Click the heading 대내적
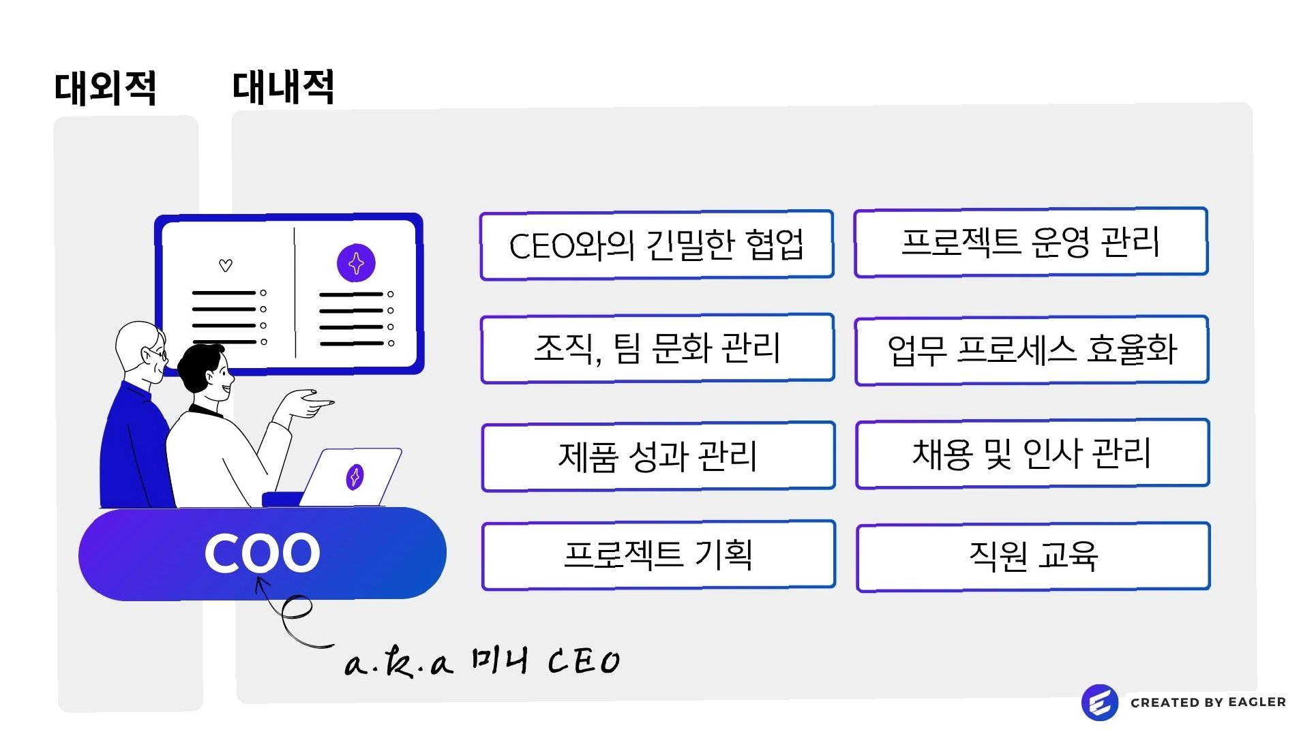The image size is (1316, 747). [x=284, y=87]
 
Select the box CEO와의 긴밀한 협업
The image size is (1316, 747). [x=657, y=245]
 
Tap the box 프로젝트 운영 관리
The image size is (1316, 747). [x=1030, y=242]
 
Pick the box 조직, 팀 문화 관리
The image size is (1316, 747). [x=657, y=348]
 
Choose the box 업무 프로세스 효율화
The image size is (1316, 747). [x=1032, y=350]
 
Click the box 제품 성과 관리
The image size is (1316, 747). [x=658, y=456]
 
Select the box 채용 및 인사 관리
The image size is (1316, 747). [x=1032, y=453]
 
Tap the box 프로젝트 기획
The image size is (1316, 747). [x=658, y=555]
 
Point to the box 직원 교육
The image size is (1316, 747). [x=1033, y=556]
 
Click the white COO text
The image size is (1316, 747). [x=263, y=553]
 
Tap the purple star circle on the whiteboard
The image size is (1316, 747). [x=356, y=263]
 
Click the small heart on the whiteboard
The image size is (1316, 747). [x=226, y=265]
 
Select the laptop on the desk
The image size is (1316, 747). [x=351, y=477]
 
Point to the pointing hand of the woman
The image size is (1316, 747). [x=310, y=403]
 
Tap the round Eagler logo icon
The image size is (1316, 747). [x=1099, y=703]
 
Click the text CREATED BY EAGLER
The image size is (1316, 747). [x=1208, y=703]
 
